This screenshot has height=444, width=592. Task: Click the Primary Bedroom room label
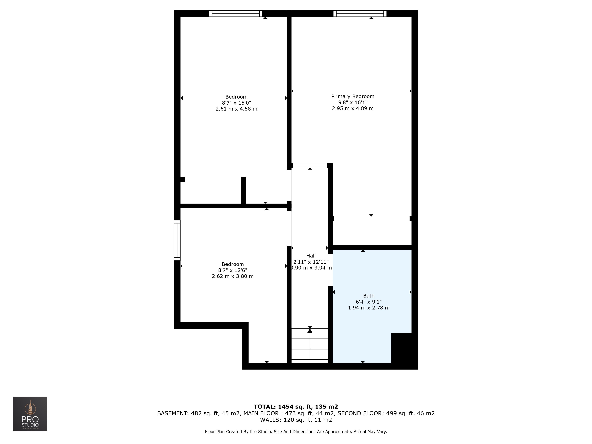[x=353, y=96]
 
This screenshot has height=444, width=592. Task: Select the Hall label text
[x=311, y=256]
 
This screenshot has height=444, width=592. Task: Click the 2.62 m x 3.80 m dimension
[x=233, y=276]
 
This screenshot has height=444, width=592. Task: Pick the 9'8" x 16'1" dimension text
[x=353, y=103]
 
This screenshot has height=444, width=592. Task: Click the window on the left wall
[x=177, y=240]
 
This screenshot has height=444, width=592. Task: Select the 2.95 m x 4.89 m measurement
[x=353, y=108]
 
